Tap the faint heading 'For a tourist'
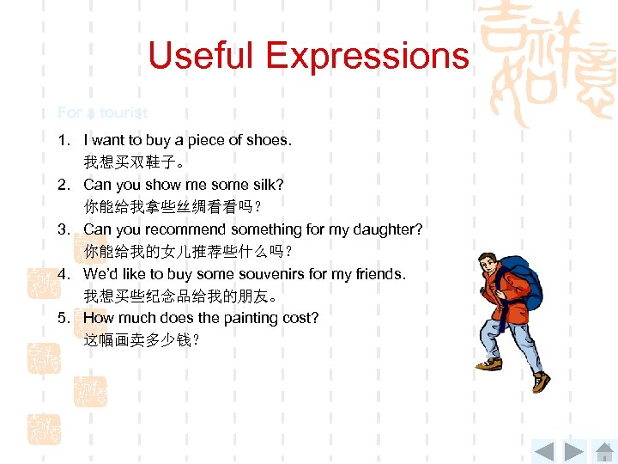pyautogui.click(x=102, y=113)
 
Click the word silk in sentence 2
pyautogui.click(x=268, y=184)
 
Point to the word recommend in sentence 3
pyautogui.click(x=185, y=229)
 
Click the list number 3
pyautogui.click(x=63, y=229)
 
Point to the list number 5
pyautogui.click(x=63, y=318)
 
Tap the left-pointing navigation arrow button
pyautogui.click(x=543, y=450)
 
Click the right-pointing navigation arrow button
pyautogui.click(x=573, y=450)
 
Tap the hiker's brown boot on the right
pyautogui.click(x=540, y=381)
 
